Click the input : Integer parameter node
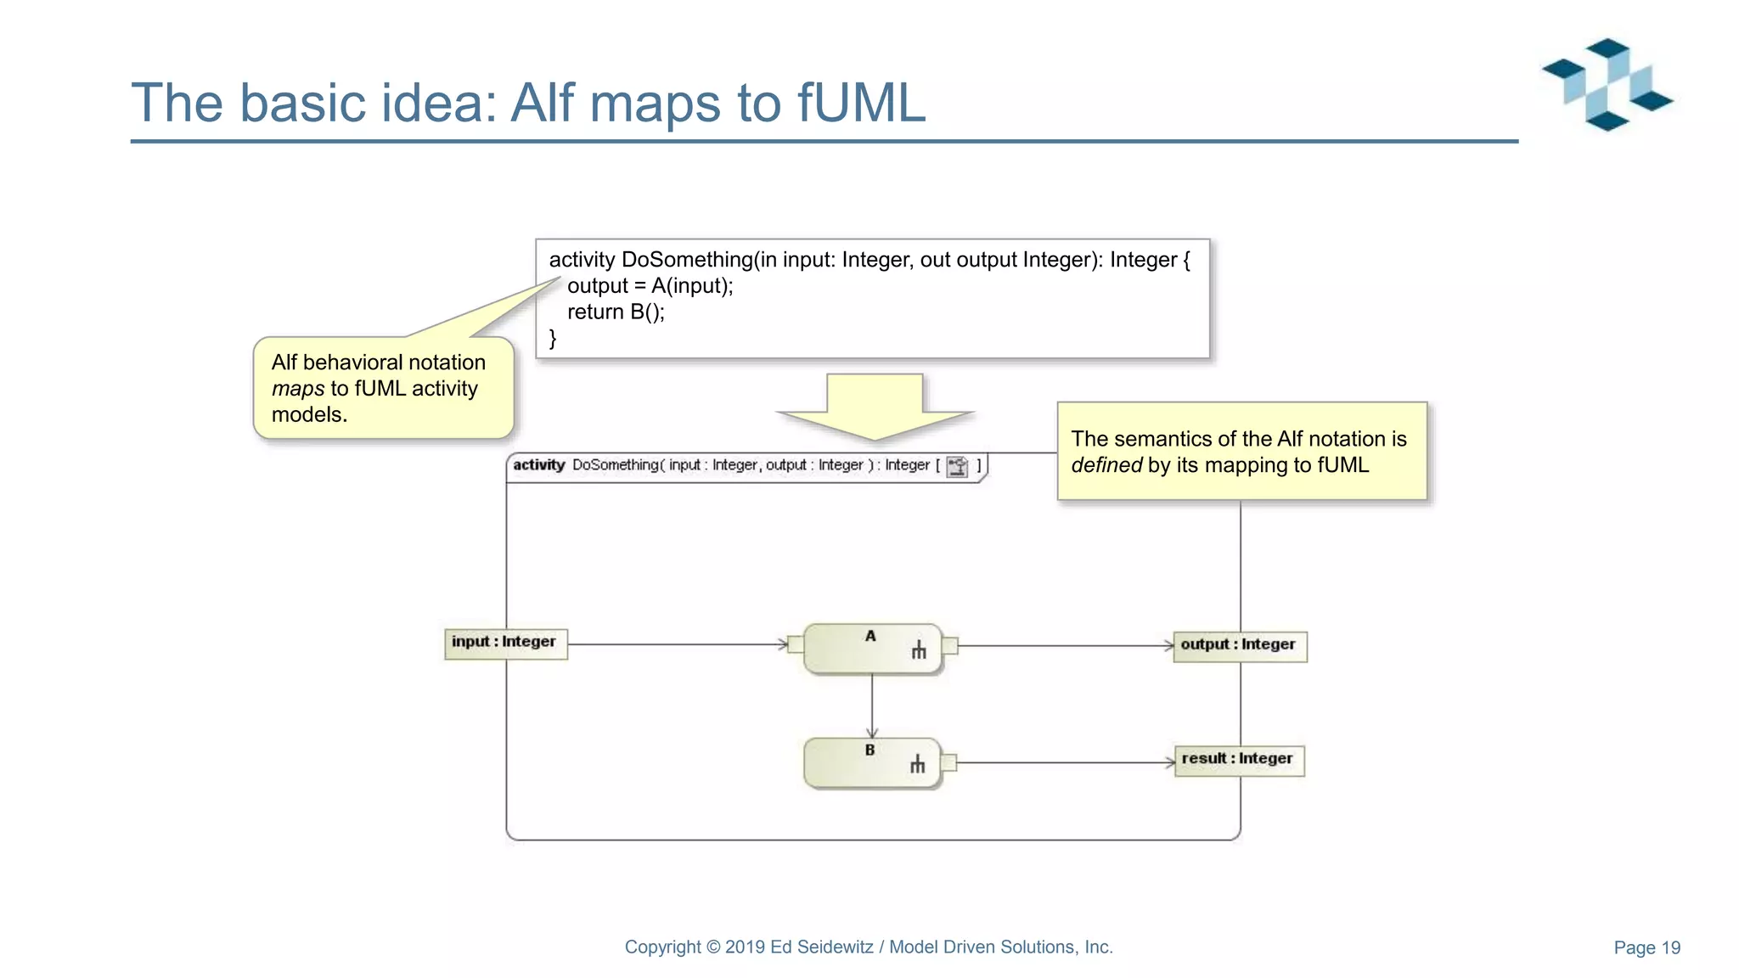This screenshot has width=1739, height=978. [x=505, y=644]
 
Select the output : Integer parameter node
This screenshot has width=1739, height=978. [x=1239, y=646]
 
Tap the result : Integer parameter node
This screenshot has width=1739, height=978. [x=1238, y=760]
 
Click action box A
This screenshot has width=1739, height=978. [x=871, y=649]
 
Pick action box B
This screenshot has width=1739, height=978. [x=871, y=763]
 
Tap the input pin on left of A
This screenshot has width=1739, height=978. [x=796, y=644]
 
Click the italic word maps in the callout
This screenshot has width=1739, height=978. [x=298, y=389]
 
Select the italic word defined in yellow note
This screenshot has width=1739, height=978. [x=1106, y=465]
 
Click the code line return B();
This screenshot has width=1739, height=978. [x=616, y=312]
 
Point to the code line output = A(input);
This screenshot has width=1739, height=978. [x=650, y=286]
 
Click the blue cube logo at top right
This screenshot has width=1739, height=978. [x=1607, y=85]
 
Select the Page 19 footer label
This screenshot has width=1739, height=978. [x=1646, y=947]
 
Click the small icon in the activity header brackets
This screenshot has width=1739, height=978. [x=957, y=466]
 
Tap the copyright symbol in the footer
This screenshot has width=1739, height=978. [x=713, y=947]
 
